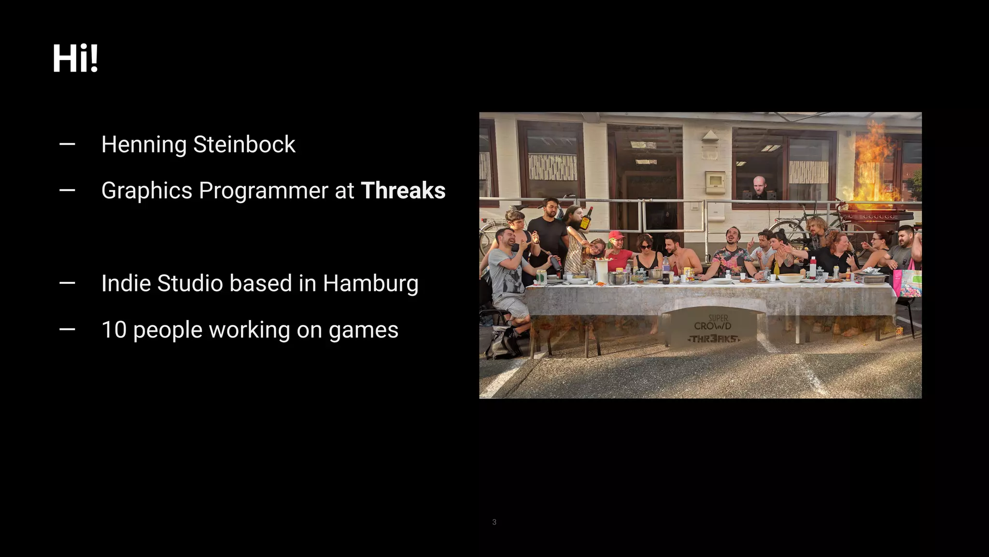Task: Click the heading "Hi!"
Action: click(x=75, y=59)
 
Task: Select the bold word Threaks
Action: click(x=403, y=191)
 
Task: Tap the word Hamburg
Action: click(x=370, y=284)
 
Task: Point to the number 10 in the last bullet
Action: click(x=114, y=330)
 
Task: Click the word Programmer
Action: click(x=264, y=191)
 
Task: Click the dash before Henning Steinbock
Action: click(x=67, y=144)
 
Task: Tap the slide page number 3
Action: click(x=494, y=522)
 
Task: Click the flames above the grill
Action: click(x=873, y=164)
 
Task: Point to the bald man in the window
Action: click(x=759, y=187)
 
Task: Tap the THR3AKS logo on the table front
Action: click(x=713, y=339)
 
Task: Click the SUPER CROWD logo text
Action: click(x=713, y=322)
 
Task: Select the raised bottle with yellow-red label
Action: click(x=587, y=219)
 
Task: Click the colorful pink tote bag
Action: click(x=907, y=283)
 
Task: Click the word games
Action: click(x=363, y=330)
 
